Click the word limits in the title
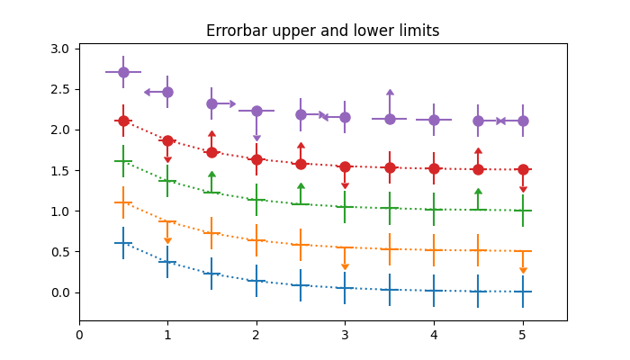416,31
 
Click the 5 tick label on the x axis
523,335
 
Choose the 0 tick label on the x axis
79,335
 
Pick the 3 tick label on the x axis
346,335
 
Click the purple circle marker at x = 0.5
123,72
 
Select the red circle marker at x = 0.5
123,121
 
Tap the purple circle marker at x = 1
167,92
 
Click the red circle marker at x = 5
523,169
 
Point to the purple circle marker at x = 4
434,120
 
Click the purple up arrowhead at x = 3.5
390,92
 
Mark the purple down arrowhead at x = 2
256,139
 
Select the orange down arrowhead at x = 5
523,270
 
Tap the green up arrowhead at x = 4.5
478,192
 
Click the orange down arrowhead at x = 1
167,240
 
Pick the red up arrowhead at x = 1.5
211,134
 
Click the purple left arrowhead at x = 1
147,92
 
